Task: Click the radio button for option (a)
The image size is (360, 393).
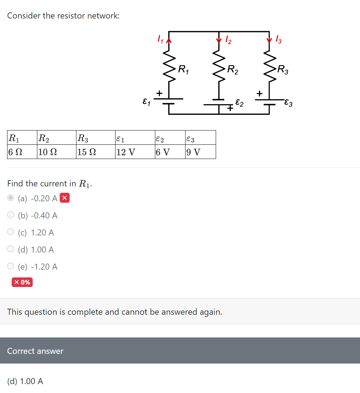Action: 11,198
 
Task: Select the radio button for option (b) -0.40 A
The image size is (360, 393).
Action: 11,215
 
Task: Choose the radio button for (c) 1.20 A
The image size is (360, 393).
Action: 11,232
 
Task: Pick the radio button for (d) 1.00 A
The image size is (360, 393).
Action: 11,249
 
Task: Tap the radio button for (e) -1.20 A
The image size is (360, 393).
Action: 11,266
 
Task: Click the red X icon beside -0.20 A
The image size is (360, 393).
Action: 64,198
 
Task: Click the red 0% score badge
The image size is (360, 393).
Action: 22,282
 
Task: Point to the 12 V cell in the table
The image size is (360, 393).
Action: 125,152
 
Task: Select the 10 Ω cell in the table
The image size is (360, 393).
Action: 48,152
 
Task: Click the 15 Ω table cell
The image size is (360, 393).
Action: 87,152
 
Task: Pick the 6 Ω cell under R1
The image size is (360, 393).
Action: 15,152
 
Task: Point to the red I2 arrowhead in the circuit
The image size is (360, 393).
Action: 219,40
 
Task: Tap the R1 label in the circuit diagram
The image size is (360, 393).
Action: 183,69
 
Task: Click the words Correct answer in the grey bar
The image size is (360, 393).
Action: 35,351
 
